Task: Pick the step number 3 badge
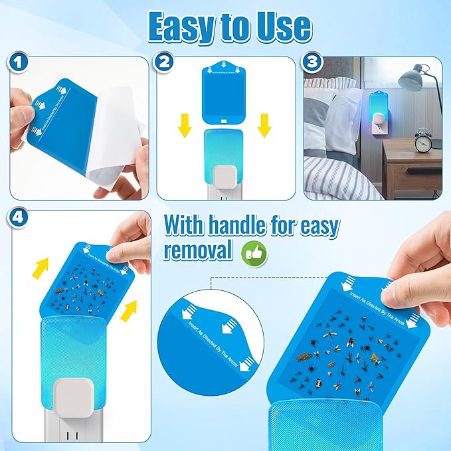(x=314, y=64)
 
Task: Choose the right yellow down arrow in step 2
(x=265, y=123)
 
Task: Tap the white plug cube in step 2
(x=226, y=176)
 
